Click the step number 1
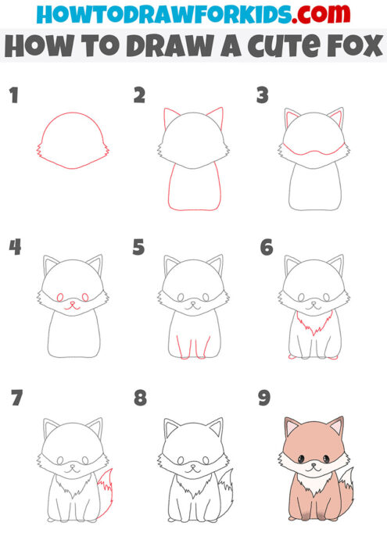click(13, 96)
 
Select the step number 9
click(264, 399)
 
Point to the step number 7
click(16, 399)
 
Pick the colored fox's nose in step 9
click(314, 466)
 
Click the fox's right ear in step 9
click(338, 428)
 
